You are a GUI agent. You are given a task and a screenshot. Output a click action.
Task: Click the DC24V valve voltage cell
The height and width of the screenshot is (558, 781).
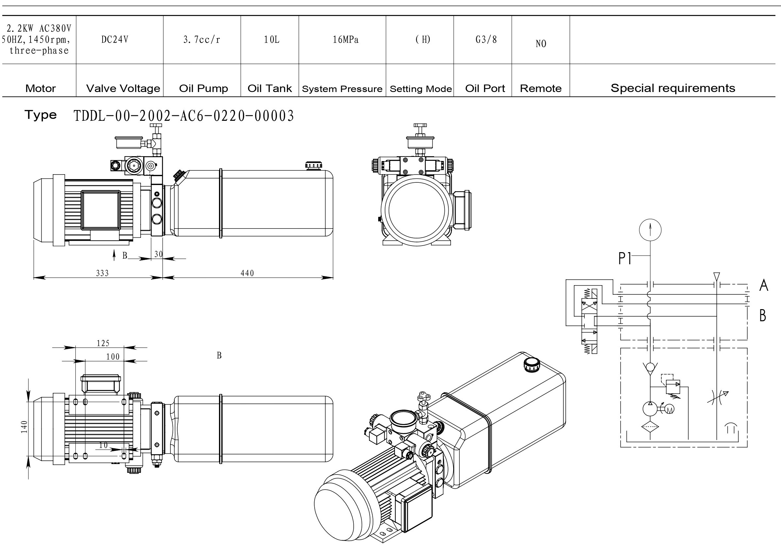[115, 40]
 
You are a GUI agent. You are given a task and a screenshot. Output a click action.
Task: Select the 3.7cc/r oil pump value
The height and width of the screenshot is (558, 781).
[202, 40]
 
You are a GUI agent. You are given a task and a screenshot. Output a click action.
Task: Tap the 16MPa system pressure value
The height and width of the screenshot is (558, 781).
[345, 40]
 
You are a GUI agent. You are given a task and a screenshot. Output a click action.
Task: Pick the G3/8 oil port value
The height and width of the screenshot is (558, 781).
[486, 40]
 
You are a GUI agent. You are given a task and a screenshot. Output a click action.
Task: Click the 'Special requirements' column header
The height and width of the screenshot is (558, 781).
[673, 88]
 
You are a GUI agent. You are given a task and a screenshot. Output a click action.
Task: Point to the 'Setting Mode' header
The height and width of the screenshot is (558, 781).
[420, 89]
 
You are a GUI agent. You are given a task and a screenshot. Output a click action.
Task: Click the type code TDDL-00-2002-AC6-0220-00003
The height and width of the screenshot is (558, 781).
[184, 116]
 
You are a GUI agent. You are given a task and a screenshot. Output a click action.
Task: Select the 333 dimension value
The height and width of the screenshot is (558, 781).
[102, 273]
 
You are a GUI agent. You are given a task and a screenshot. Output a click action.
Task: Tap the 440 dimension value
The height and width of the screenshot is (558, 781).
[247, 273]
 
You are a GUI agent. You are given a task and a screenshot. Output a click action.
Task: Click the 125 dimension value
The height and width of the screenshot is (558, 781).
[103, 343]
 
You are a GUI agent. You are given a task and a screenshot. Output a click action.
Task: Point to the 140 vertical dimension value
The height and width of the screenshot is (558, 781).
[24, 427]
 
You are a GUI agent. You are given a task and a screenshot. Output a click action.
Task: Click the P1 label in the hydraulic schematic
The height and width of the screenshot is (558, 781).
[625, 259]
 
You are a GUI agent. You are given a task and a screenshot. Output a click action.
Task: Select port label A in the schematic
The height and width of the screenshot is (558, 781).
[763, 285]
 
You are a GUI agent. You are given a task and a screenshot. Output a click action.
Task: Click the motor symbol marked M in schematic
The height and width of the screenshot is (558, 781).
[669, 409]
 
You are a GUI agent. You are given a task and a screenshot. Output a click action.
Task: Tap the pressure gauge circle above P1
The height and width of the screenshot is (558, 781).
[650, 230]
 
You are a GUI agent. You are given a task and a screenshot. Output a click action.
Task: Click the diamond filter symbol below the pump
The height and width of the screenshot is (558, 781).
[650, 427]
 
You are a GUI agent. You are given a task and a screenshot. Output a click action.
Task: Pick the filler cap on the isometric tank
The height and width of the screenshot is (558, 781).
[531, 364]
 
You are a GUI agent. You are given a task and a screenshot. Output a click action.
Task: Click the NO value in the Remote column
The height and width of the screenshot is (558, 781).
[541, 44]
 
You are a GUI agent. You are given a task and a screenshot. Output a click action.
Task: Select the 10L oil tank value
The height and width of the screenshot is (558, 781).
[272, 40]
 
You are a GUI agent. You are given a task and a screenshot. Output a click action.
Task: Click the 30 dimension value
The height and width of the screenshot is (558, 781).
[158, 254]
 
